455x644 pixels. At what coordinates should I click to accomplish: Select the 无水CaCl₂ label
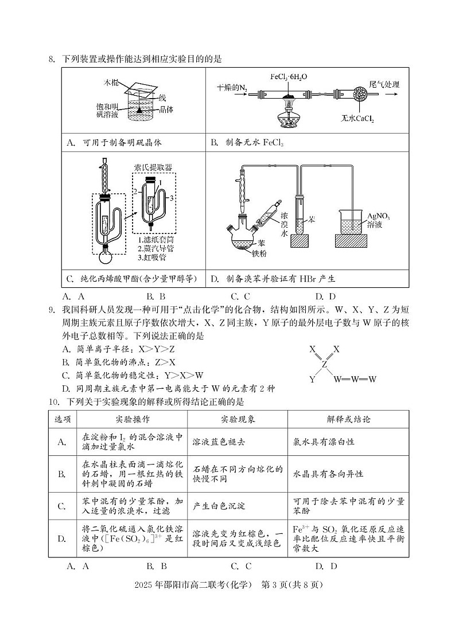click(x=357, y=119)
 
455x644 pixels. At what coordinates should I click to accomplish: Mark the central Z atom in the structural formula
click(x=324, y=364)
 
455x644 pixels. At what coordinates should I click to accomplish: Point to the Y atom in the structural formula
click(x=312, y=379)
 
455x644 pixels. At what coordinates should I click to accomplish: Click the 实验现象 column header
click(x=238, y=419)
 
